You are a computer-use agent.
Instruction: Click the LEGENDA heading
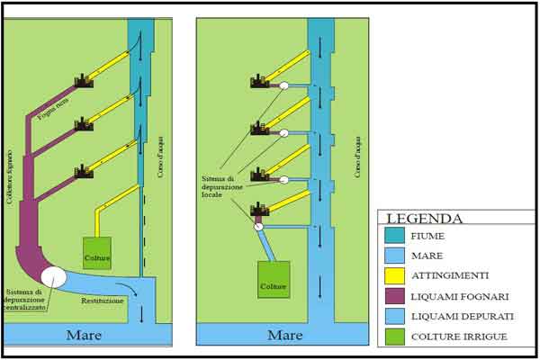[x=425, y=219]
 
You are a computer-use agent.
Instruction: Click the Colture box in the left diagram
[x=97, y=253]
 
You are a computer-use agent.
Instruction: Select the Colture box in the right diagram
[x=274, y=279]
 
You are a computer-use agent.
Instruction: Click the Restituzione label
[x=102, y=300]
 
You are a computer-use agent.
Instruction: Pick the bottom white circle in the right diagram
[x=258, y=228]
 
